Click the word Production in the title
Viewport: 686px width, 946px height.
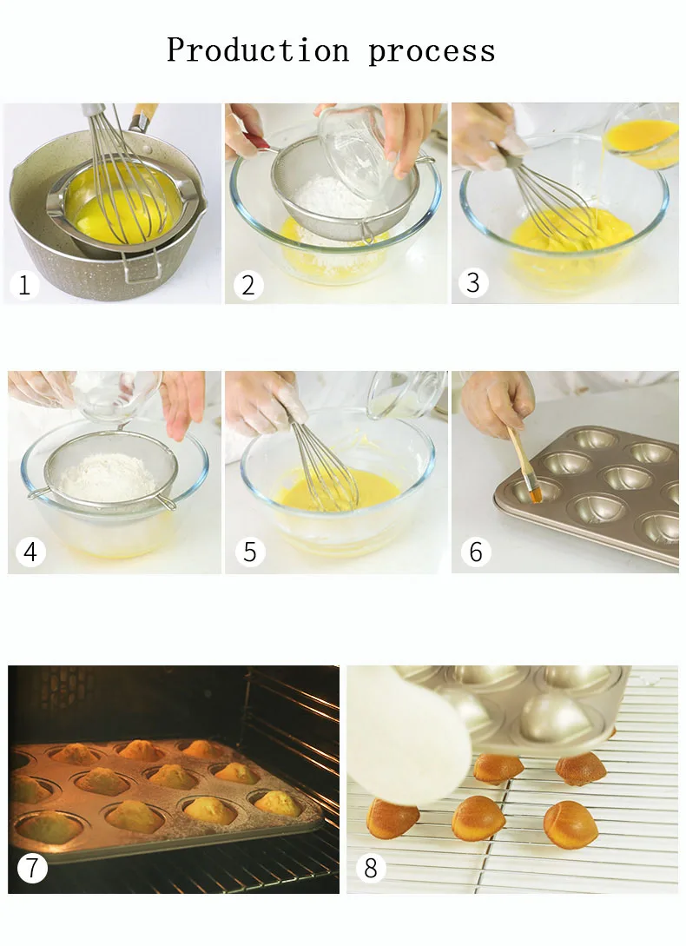pos(258,50)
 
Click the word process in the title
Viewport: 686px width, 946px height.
pos(432,52)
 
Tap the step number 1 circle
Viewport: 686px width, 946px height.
pos(24,284)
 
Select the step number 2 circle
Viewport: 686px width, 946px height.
pos(247,285)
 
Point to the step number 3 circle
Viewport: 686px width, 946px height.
pos(473,282)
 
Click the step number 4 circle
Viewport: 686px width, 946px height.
pos(30,552)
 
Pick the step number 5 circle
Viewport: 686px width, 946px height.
pos(249,552)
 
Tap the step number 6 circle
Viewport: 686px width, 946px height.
pos(476,552)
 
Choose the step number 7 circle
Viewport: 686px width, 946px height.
pos(32,868)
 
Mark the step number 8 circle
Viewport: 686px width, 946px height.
pos(371,868)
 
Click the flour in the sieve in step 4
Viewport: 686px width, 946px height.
pos(109,477)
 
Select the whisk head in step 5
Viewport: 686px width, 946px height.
pos(325,467)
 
